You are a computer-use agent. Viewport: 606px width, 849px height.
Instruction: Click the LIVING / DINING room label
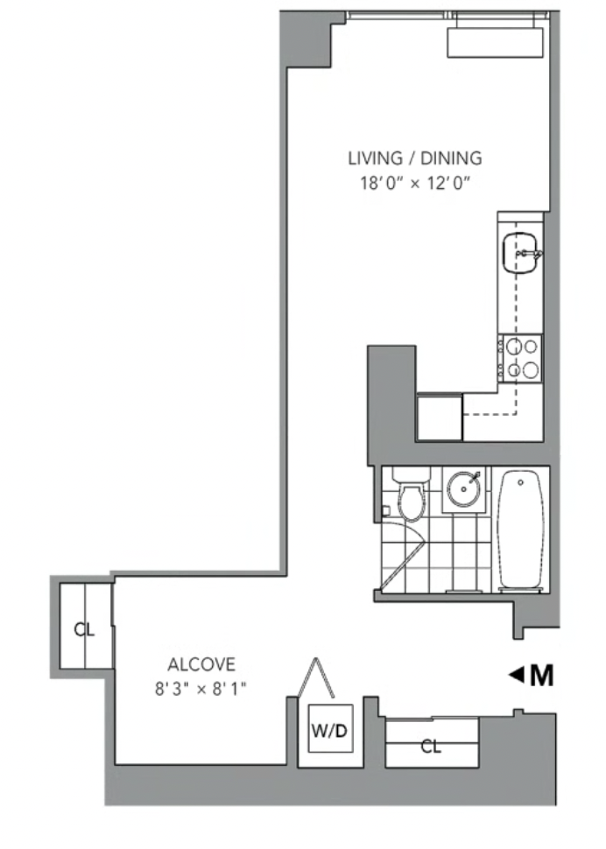pyautogui.click(x=414, y=158)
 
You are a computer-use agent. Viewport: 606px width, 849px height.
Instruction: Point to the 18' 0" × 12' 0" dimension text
pyautogui.click(x=414, y=183)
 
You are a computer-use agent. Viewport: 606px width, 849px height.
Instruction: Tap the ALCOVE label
pyautogui.click(x=201, y=663)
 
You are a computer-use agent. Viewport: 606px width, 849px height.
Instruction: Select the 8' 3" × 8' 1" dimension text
pyautogui.click(x=201, y=689)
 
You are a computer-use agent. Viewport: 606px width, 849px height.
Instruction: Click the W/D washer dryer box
pyautogui.click(x=330, y=728)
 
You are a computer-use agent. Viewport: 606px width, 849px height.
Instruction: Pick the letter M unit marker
pyautogui.click(x=541, y=675)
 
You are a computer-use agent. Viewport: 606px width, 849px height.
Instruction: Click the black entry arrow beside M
pyautogui.click(x=516, y=675)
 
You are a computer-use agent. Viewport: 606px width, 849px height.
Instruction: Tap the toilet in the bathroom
pyautogui.click(x=412, y=494)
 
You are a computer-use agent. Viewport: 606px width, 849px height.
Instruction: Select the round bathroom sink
pyautogui.click(x=463, y=488)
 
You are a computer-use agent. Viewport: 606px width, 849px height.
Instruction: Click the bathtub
pyautogui.click(x=520, y=530)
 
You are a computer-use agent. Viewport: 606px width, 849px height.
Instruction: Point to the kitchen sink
pyautogui.click(x=521, y=253)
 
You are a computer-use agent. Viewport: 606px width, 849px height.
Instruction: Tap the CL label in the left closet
pyautogui.click(x=84, y=629)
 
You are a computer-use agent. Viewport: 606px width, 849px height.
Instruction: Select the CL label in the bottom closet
pyautogui.click(x=431, y=747)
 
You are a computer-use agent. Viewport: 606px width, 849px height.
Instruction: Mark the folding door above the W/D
pyautogui.click(x=316, y=677)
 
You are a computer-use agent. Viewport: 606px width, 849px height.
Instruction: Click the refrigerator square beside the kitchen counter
pyautogui.click(x=440, y=417)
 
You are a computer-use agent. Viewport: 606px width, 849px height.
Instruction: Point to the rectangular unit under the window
pyautogui.click(x=495, y=42)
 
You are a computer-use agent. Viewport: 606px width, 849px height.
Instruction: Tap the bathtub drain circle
pyautogui.click(x=520, y=482)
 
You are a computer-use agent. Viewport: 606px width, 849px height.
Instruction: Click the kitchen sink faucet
pyautogui.click(x=528, y=253)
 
